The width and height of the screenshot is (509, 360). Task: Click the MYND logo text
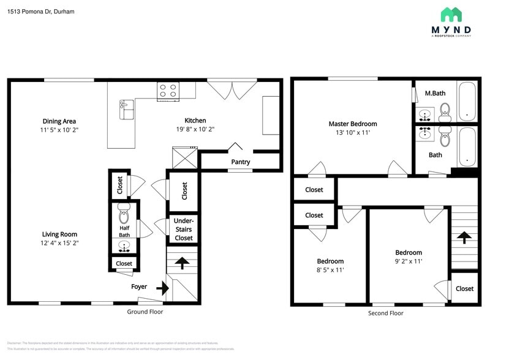[451, 29]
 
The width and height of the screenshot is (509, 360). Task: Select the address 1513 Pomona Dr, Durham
[41, 11]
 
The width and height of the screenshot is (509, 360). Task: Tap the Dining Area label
[59, 121]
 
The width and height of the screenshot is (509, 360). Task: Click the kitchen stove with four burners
[168, 91]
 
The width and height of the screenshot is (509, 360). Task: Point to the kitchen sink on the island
[126, 110]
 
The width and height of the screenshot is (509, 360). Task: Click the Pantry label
[240, 162]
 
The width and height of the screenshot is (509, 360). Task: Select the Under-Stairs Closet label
[184, 229]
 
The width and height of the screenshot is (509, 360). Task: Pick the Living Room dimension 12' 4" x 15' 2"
[60, 243]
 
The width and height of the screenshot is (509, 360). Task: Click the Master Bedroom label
[352, 124]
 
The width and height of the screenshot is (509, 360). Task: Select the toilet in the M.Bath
[445, 110]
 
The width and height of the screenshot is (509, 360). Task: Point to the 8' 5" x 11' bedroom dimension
[330, 270]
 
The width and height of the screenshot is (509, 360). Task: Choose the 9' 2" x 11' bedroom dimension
[408, 261]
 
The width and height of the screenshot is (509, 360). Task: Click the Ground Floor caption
[145, 312]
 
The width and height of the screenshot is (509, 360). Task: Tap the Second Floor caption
[385, 313]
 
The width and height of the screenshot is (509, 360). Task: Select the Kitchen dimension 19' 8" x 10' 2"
[195, 129]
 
